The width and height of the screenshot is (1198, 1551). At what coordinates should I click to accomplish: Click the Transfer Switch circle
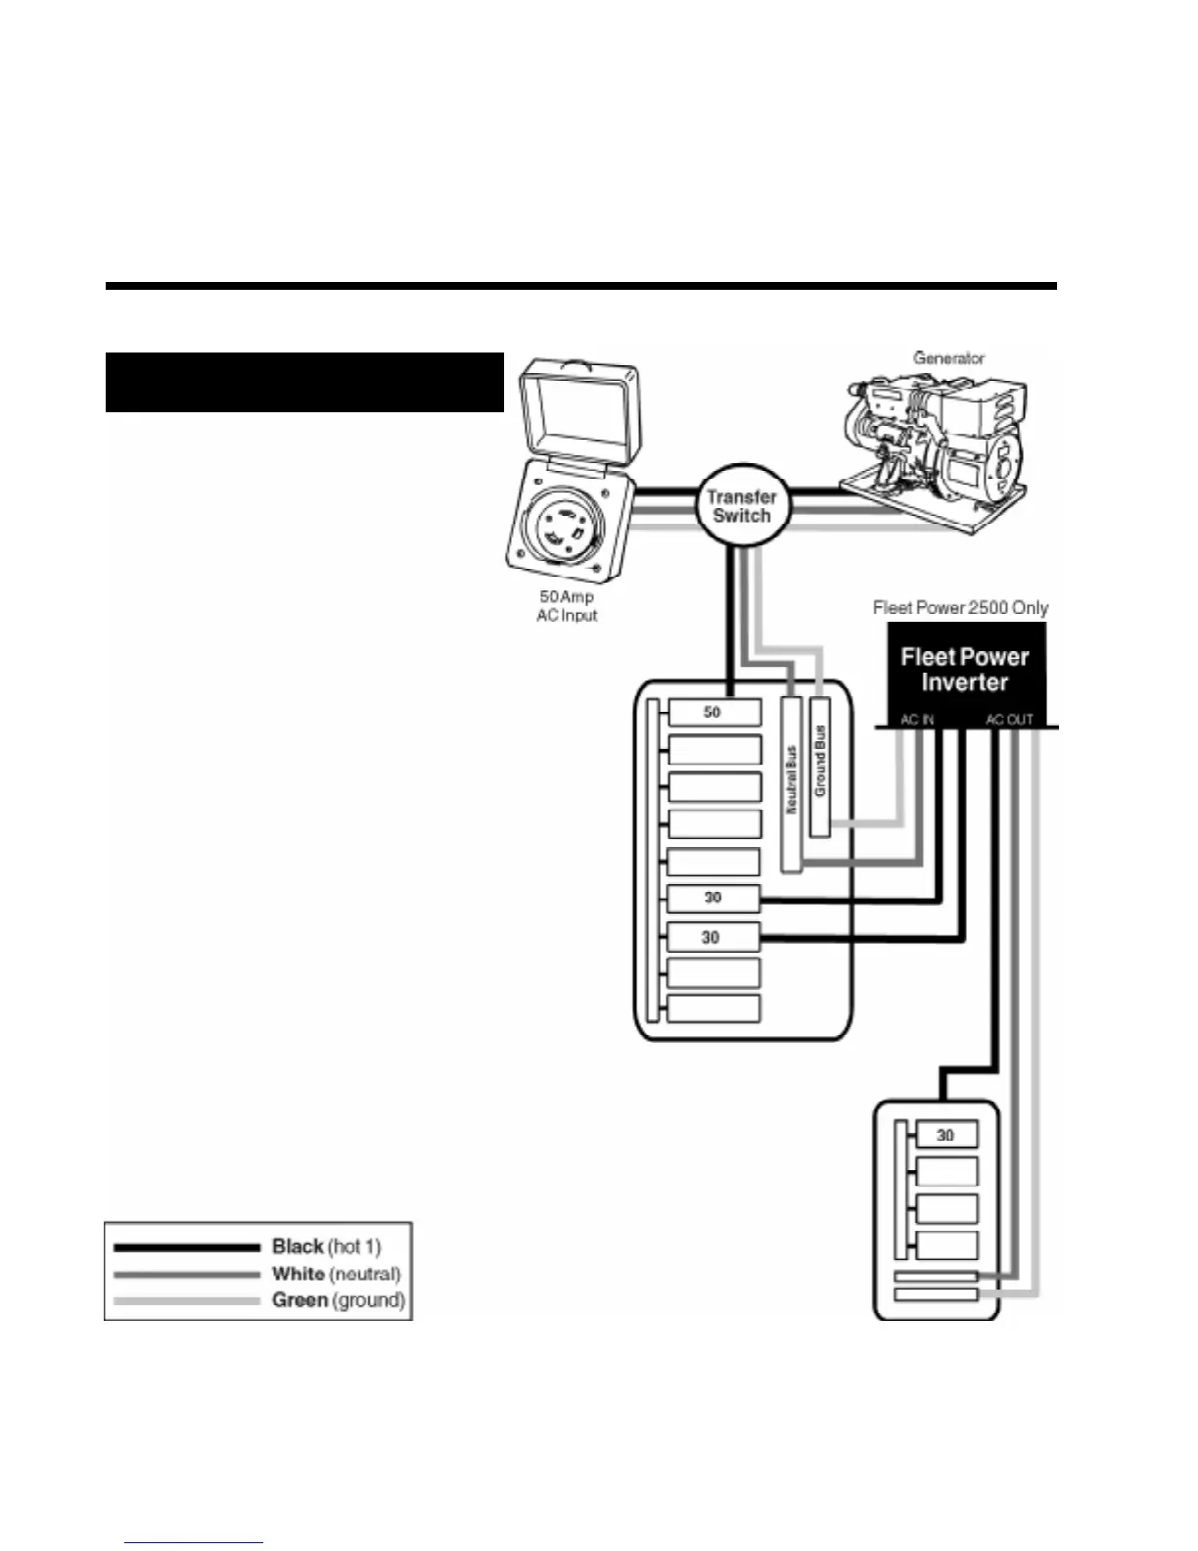coord(741,506)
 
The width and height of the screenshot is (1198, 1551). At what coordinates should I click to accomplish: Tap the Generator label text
coord(948,358)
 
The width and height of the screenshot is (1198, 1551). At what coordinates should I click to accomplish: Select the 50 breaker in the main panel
coord(714,713)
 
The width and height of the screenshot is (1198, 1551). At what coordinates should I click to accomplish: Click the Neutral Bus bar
coord(792,782)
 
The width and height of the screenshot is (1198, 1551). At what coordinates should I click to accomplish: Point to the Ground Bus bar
coord(820,766)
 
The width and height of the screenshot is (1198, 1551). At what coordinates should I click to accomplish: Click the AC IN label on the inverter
coord(917,720)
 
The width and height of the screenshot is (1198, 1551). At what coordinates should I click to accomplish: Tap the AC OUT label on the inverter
coord(1009,720)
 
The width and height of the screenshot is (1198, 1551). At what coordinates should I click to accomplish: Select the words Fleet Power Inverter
coord(964,670)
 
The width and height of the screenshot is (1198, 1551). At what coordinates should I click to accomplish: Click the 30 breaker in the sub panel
coord(945,1136)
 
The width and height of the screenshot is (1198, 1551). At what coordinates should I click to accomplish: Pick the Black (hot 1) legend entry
coord(326,1246)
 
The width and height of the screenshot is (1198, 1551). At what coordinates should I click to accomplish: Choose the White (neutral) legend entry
coord(336,1274)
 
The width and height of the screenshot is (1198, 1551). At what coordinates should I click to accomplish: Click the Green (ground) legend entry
coord(338,1300)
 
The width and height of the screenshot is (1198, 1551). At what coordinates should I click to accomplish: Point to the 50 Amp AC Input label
coord(567,606)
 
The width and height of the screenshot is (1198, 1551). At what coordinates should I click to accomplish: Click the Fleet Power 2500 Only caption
coord(960,608)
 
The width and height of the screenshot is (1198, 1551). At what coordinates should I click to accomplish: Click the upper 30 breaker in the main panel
coord(714,898)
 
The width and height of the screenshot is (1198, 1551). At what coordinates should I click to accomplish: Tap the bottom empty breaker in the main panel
coord(714,1009)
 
